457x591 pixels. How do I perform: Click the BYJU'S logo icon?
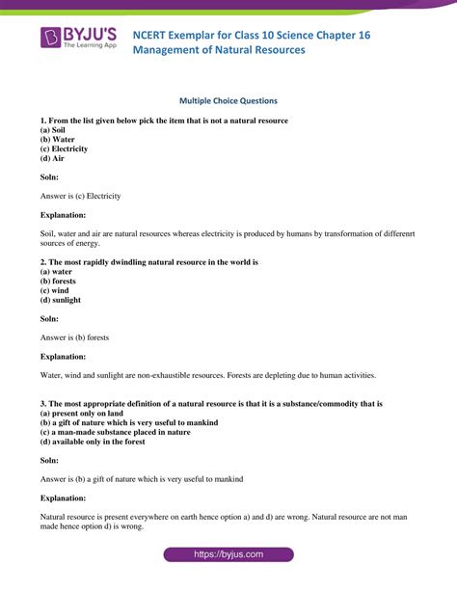click(51, 38)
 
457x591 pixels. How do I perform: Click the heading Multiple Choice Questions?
click(228, 99)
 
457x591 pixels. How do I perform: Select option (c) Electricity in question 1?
click(64, 148)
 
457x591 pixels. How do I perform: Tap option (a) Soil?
click(55, 128)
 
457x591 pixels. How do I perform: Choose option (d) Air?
click(54, 159)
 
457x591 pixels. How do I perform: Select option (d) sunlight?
click(62, 301)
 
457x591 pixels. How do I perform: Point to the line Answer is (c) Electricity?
click(80, 196)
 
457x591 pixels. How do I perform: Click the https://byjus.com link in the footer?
click(228, 556)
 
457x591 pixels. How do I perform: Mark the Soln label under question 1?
click(51, 177)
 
